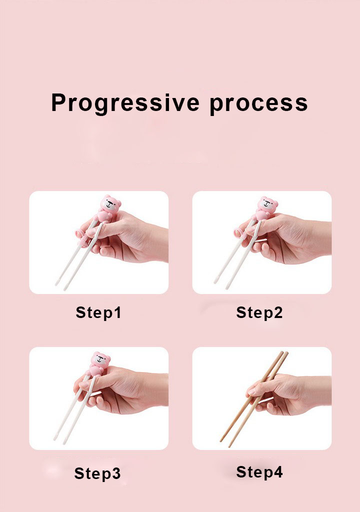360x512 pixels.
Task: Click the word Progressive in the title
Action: point(125,103)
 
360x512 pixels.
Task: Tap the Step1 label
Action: point(98,312)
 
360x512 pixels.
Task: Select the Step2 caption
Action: point(259,312)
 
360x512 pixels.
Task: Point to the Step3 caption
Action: point(97,473)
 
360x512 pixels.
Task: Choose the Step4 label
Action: point(259,472)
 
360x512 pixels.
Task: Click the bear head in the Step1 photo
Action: point(110,204)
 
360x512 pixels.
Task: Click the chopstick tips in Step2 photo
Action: point(221,283)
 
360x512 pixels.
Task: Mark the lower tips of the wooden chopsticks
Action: point(226,442)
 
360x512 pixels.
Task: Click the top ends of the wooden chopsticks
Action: point(283,353)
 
